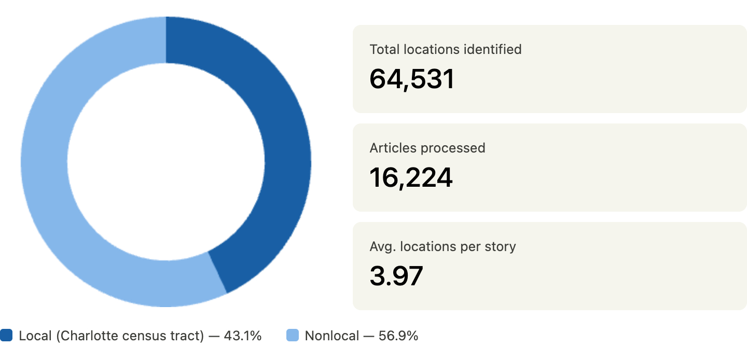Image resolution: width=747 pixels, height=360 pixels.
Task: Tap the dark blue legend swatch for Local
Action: coord(6,336)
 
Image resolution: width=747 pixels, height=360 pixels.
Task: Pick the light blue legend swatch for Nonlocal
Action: coord(293,336)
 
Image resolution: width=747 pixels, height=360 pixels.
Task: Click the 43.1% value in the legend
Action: coord(242,336)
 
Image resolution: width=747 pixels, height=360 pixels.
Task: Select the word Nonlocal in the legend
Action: coord(331,336)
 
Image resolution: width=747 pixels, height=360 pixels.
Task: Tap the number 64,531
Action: coord(412,79)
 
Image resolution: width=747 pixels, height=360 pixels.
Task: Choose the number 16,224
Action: coord(411,177)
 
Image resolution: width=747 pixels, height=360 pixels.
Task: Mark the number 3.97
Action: coord(396,276)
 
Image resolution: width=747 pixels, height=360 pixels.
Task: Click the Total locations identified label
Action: coord(445,50)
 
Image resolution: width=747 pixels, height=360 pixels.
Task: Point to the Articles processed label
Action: coord(427,148)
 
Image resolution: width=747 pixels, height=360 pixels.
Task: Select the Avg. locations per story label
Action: coord(442,247)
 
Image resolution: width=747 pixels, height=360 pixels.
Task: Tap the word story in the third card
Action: coord(501,247)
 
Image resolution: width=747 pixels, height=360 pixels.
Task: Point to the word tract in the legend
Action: coord(188,336)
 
